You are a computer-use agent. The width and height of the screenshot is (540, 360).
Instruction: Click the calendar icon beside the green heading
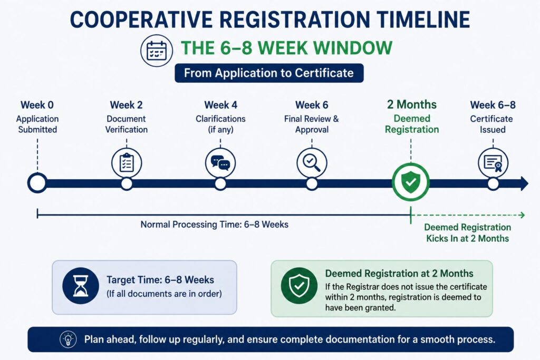[157, 51]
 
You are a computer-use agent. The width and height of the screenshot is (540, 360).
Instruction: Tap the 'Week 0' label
[37, 105]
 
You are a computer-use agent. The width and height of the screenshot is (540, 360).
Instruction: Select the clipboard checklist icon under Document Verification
[127, 163]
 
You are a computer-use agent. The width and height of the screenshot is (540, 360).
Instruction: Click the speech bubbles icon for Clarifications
[220, 163]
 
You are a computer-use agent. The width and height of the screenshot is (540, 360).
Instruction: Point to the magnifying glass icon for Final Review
[312, 163]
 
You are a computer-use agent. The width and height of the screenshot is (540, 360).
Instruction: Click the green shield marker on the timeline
[410, 182]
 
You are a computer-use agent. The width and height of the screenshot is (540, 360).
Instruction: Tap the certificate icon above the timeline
[493, 163]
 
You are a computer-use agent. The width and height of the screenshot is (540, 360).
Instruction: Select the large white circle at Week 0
[37, 183]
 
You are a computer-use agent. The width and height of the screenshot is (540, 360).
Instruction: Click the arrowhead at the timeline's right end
[524, 183]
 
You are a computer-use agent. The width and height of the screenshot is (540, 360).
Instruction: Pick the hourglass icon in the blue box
[81, 286]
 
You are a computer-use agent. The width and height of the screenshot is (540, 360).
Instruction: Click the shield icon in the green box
[299, 286]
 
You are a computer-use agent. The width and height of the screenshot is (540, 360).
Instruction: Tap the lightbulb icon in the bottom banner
[68, 339]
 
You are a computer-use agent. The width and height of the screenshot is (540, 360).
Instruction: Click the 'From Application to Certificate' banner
[269, 73]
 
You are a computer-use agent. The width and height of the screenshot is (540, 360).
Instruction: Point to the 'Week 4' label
[220, 105]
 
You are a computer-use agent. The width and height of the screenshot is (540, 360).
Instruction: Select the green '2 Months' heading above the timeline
[411, 105]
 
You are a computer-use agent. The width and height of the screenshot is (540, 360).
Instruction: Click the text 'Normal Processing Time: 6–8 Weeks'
[214, 225]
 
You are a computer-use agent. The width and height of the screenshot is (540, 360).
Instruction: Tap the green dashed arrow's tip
[524, 215]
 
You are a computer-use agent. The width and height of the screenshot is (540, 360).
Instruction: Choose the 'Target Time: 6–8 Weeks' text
[160, 280]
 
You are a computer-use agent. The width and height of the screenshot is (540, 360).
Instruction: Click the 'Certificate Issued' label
[491, 124]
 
